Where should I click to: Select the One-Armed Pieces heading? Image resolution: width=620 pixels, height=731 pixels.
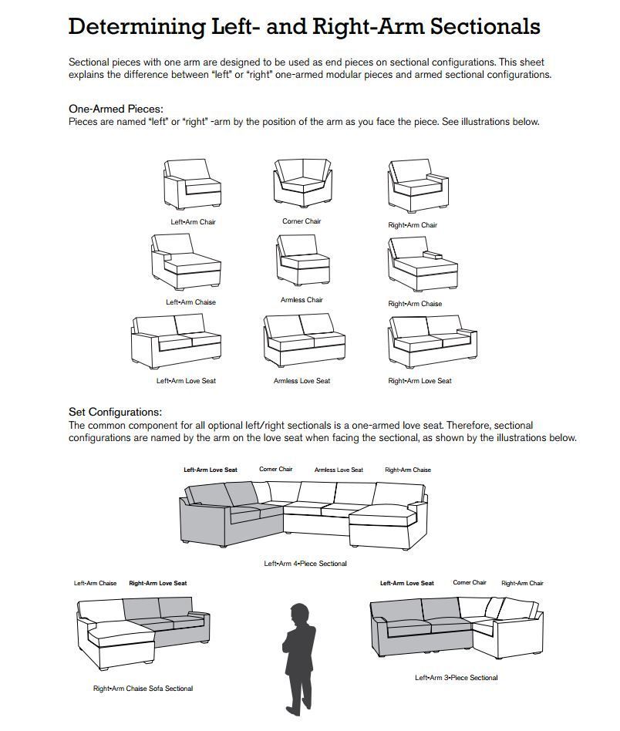(116, 109)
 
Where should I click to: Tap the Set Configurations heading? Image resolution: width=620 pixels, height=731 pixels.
(115, 413)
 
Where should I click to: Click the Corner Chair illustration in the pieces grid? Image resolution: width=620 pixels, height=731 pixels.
(302, 184)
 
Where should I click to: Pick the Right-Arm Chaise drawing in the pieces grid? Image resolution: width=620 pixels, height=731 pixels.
(422, 264)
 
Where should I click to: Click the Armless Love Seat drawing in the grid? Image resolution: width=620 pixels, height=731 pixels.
(302, 342)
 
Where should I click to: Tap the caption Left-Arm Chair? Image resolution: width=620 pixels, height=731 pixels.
(193, 222)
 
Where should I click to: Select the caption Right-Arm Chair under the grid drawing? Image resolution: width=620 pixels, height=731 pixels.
(413, 225)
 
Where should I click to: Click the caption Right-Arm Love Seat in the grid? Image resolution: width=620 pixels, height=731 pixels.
(420, 381)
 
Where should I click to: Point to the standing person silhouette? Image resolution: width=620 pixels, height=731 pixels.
(298, 655)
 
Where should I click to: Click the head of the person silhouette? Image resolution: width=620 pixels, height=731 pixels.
(298, 614)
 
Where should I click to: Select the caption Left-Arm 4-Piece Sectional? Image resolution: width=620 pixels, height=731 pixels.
(305, 564)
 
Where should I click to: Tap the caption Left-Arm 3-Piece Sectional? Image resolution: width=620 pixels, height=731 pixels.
(457, 678)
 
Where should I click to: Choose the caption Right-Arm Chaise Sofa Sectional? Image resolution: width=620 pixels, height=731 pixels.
(143, 689)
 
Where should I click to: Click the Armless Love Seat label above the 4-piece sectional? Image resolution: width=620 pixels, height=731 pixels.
(339, 470)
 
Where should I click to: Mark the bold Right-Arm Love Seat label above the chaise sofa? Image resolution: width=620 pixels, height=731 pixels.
(157, 583)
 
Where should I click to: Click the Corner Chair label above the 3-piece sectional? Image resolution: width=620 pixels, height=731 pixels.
(469, 583)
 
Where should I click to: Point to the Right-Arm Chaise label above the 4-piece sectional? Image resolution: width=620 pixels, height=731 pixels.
(408, 470)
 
